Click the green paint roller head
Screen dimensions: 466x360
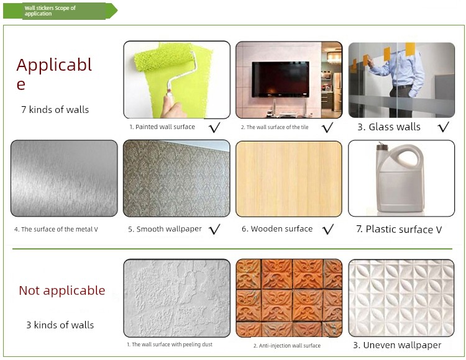pyautogui.click(x=164, y=58)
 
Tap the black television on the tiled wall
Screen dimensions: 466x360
pyautogui.click(x=280, y=79)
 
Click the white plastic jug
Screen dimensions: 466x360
pyautogui.click(x=400, y=178)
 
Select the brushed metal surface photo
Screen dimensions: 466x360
pyautogui.click(x=64, y=178)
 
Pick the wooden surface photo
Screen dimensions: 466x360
pyautogui.click(x=289, y=179)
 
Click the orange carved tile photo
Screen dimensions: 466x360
pyautogui.click(x=289, y=299)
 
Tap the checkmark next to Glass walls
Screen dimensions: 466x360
pyautogui.click(x=444, y=127)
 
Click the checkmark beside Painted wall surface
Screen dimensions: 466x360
pyautogui.click(x=214, y=127)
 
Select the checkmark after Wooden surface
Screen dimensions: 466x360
pyautogui.click(x=328, y=229)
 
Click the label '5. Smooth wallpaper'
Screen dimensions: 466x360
pyautogui.click(x=165, y=229)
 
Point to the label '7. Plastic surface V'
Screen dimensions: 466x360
pyautogui.click(x=399, y=230)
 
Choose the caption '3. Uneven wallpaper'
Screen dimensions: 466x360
pyautogui.click(x=397, y=345)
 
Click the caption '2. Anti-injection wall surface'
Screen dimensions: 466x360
pyautogui.click(x=287, y=346)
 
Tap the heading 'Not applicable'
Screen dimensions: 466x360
pyautogui.click(x=62, y=290)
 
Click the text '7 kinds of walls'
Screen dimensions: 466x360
pyautogui.click(x=55, y=110)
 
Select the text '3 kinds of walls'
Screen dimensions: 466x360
pyautogui.click(x=60, y=325)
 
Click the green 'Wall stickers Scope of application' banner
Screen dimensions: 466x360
pyautogui.click(x=60, y=11)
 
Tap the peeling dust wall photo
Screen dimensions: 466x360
pyautogui.click(x=177, y=298)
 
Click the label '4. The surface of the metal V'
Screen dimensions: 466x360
pyautogui.click(x=56, y=230)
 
